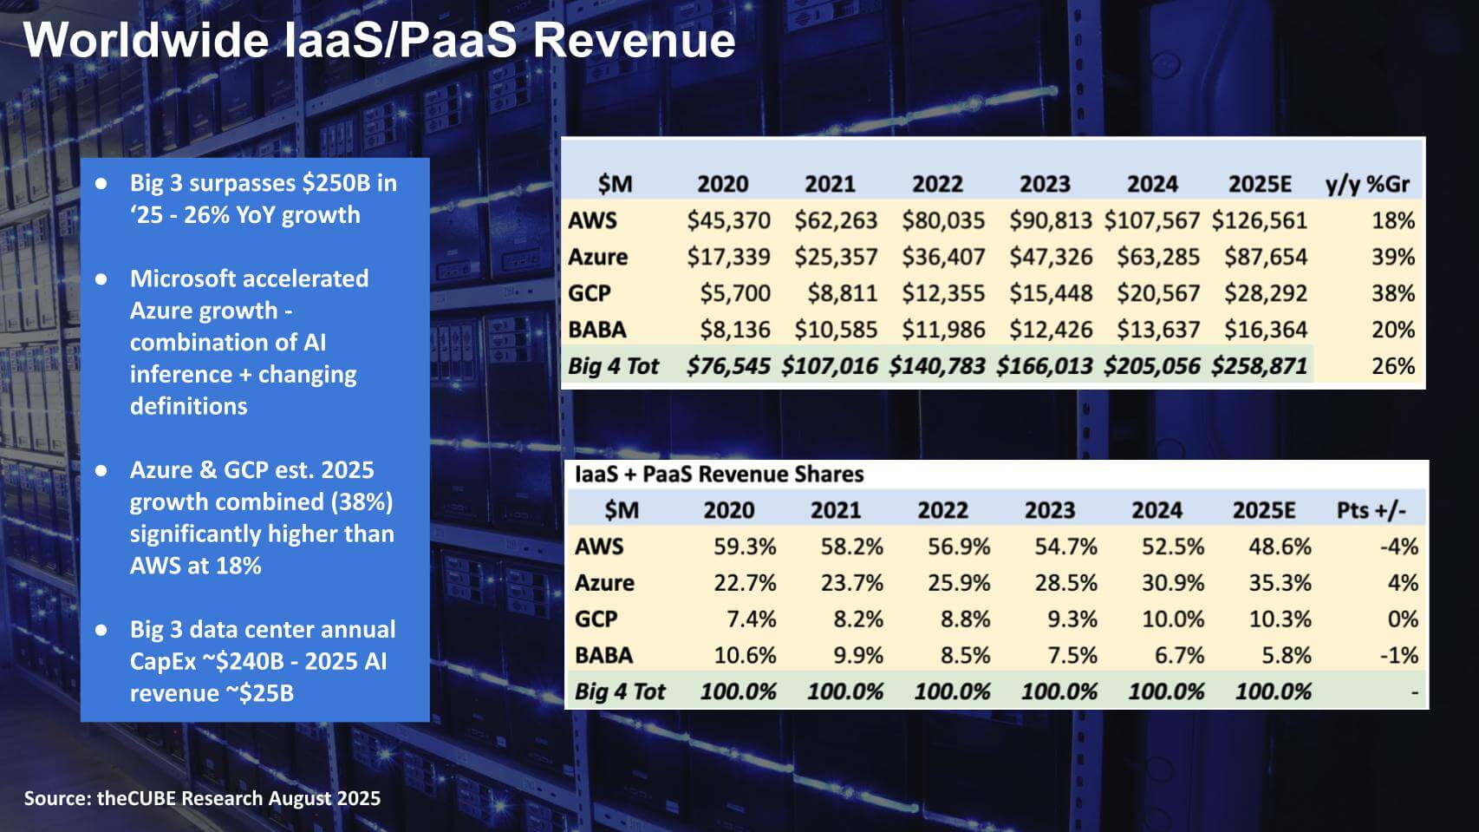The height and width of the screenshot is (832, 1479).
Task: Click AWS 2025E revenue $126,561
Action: point(1259,220)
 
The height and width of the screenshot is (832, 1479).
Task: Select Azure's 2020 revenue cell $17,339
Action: point(728,257)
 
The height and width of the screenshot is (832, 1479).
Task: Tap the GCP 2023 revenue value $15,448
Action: point(1050,293)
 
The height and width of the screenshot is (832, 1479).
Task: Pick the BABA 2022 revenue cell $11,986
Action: point(942,330)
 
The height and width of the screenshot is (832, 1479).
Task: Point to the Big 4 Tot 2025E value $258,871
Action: point(1259,366)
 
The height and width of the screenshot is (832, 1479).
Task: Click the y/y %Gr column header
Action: point(1367,184)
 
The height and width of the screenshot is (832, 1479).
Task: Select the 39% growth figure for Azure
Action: point(1392,257)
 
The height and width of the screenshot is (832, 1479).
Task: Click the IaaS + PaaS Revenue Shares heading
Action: point(719,474)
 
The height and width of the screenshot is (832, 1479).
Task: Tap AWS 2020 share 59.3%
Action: point(745,547)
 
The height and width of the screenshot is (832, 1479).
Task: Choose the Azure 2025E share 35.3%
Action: point(1280,583)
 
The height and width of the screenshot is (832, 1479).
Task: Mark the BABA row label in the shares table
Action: point(603,655)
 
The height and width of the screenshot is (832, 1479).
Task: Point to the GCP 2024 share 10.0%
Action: point(1173,619)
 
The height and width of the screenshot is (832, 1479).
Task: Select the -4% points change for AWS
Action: point(1398,547)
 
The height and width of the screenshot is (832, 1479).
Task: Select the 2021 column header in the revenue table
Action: point(830,184)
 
